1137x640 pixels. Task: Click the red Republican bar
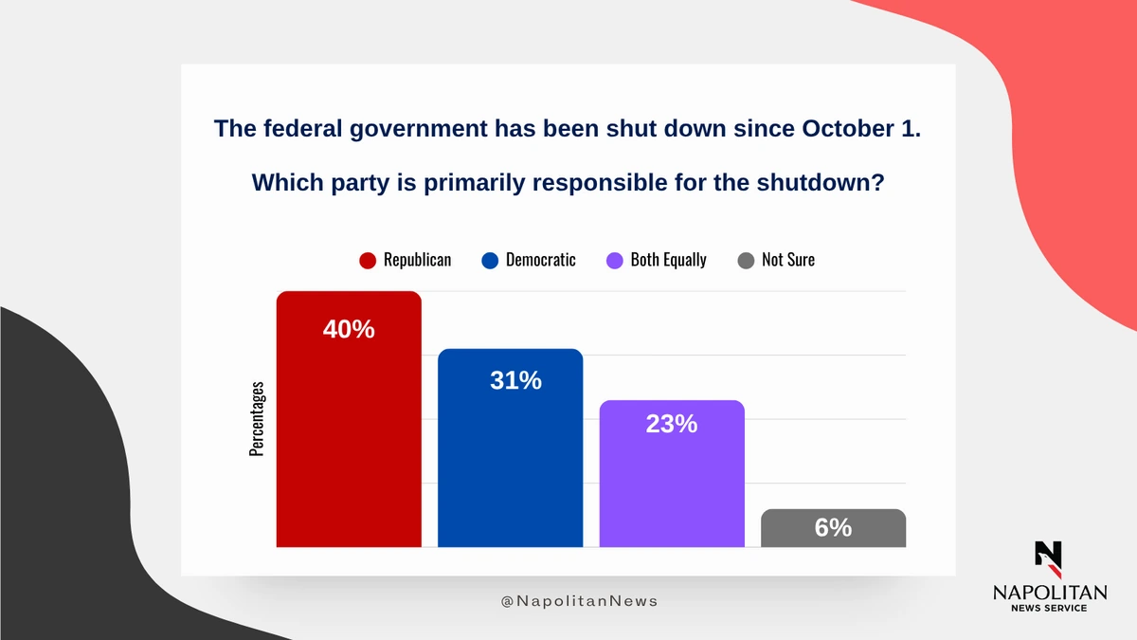[x=349, y=419]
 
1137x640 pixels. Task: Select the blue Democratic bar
[x=510, y=448]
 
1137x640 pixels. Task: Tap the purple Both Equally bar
[x=672, y=473]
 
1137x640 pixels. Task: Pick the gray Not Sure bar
[x=834, y=528]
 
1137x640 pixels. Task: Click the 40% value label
[x=349, y=329]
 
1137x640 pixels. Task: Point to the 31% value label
[x=515, y=380]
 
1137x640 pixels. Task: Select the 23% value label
[x=672, y=424]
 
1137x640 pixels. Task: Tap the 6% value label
[x=834, y=527]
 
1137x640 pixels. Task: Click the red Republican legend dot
[x=368, y=261]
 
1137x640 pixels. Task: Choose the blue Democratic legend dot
[x=490, y=261]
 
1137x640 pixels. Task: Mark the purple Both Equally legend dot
[x=615, y=261]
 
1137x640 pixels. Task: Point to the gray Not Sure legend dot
[x=746, y=261]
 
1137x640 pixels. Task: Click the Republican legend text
[x=417, y=260]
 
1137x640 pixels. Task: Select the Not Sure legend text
[x=788, y=260]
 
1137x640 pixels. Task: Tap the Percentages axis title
[x=257, y=419]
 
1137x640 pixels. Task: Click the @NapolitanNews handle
[x=579, y=601]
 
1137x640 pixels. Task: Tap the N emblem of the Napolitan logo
[x=1049, y=559]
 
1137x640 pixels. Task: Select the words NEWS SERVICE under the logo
[x=1049, y=608]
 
